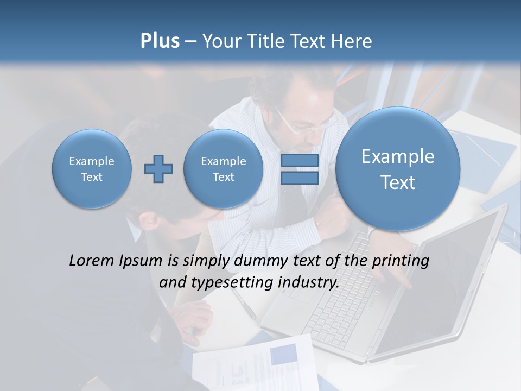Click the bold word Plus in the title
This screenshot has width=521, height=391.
tap(160, 41)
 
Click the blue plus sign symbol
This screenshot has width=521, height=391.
tap(158, 169)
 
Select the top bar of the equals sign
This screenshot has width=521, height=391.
tap(300, 161)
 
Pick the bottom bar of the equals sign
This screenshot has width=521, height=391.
tap(300, 178)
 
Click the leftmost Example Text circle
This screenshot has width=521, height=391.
tap(92, 169)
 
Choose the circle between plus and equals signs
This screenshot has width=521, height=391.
tap(223, 169)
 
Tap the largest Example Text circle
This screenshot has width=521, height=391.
tap(398, 169)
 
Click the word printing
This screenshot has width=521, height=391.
tap(401, 261)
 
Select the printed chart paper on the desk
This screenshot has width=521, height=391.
tap(255, 364)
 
